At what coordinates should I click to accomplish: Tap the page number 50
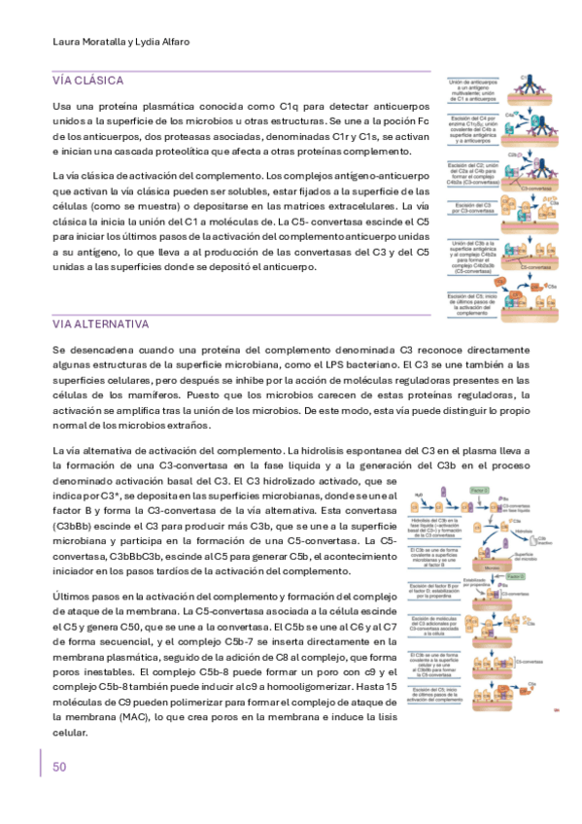point(59,767)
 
